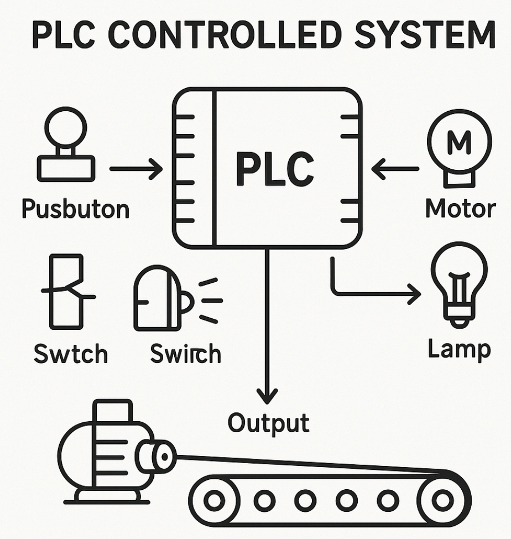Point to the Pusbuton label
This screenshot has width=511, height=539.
(x=75, y=210)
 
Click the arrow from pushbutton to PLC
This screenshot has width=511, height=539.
(x=135, y=169)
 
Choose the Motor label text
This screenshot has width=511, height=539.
(x=460, y=209)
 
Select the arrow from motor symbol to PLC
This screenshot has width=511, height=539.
(x=395, y=168)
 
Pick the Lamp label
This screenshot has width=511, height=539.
(x=459, y=349)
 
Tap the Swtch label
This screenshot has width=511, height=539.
(x=71, y=354)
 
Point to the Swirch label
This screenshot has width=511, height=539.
(x=185, y=354)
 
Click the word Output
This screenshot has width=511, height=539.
(x=268, y=423)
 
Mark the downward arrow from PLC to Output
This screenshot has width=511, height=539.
(x=268, y=326)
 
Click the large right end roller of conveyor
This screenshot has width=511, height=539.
(x=442, y=500)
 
